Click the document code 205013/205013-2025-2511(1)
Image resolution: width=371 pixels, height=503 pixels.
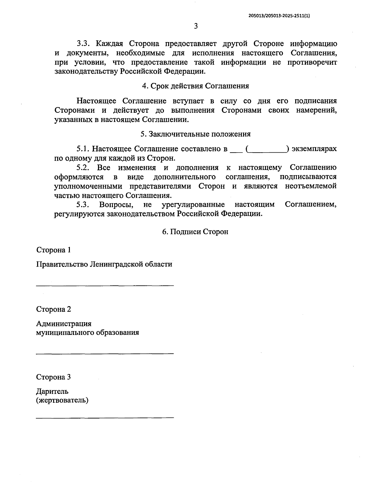coord(279,15)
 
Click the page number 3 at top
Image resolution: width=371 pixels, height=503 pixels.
coord(195,26)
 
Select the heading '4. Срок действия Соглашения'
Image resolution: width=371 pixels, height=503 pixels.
coord(195,86)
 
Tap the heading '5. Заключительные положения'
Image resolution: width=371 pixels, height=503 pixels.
coord(195,134)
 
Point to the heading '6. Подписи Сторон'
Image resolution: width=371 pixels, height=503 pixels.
coord(195,232)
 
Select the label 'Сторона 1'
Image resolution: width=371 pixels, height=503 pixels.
coord(53,249)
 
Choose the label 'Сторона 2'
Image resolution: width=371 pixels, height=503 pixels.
coord(53,309)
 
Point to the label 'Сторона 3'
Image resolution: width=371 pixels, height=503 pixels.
coord(53,377)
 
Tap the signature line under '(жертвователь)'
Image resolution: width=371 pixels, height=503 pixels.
coord(105,418)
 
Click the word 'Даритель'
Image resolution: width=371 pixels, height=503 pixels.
coord(52,392)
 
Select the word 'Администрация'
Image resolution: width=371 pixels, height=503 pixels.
coord(64,324)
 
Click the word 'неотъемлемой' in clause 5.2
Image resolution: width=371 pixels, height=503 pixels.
coord(311,186)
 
